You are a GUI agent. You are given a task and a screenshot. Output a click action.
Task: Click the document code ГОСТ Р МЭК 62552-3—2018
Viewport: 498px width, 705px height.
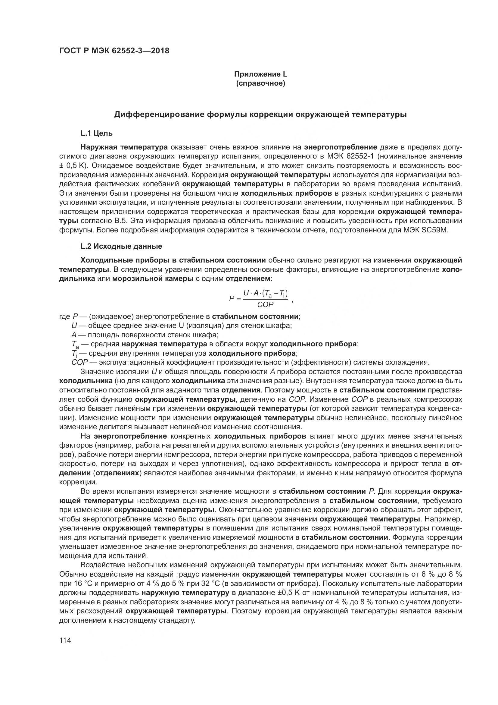114,51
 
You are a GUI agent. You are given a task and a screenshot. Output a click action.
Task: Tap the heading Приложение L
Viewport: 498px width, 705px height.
261,74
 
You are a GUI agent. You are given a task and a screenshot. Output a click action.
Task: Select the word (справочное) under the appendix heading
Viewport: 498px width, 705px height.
261,83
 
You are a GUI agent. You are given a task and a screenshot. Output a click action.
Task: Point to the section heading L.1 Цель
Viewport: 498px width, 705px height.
97,133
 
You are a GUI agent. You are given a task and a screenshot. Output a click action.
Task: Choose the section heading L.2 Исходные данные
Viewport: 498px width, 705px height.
121,246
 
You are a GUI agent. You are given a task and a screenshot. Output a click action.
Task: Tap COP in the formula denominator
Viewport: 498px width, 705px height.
265,305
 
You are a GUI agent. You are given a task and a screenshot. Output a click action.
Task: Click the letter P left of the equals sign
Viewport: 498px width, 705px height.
232,298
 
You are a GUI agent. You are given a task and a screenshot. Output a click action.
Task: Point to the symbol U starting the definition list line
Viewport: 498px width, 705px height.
74,326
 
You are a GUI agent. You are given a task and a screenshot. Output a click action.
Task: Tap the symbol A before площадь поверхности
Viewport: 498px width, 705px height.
73,335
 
